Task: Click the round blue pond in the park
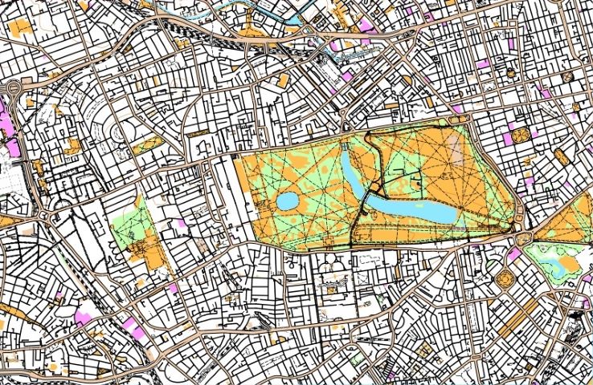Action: [x=287, y=201]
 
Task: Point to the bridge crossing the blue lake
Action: [x=366, y=197]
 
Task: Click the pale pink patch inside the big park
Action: [x=456, y=148]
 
